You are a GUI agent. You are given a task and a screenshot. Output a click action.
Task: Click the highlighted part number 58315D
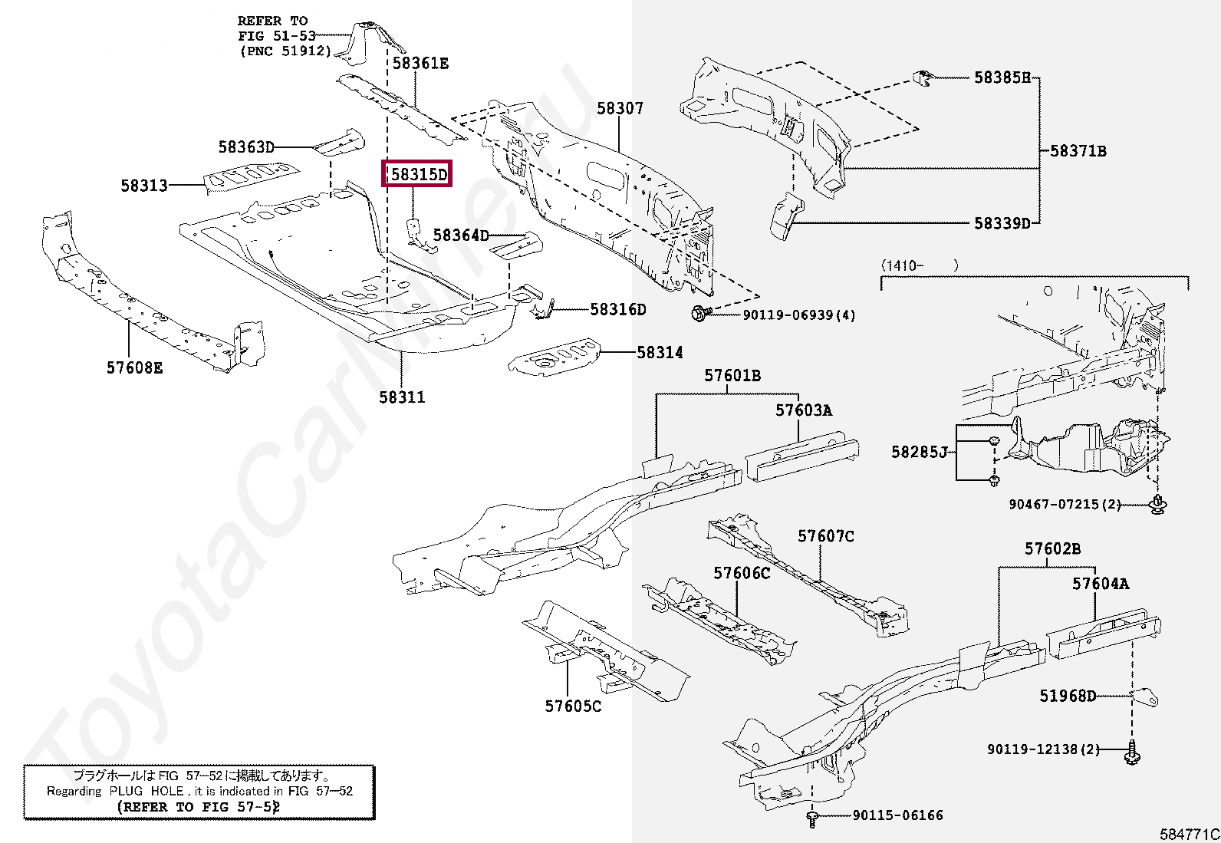pos(417,174)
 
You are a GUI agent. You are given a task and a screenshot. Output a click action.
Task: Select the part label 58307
pos(620,109)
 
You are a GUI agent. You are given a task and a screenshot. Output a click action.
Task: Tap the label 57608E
pos(135,368)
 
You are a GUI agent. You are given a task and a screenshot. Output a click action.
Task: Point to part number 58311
pos(402,397)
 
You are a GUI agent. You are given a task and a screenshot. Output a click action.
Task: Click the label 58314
pos(660,353)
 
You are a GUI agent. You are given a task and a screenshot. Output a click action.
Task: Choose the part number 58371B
pos(1078,151)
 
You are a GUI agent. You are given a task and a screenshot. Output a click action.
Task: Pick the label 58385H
pos(1002,77)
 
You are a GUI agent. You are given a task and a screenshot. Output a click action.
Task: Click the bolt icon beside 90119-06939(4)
pos(699,314)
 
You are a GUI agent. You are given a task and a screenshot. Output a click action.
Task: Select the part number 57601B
pos(732,376)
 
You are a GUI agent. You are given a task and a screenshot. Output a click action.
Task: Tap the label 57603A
pos(803,410)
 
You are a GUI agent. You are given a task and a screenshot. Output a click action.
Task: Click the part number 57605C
pos(573,706)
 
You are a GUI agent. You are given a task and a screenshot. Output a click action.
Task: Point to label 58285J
pos(920,452)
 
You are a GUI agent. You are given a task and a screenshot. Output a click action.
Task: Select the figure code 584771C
pos(1189,834)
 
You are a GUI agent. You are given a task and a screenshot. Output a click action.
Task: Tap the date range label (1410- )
pos(920,265)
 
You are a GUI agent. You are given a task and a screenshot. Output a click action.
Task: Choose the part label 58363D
pos(246,147)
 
